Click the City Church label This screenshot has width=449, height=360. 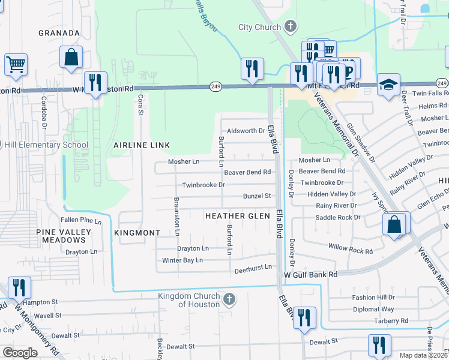pyautogui.click(x=259, y=27)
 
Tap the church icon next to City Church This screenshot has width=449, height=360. pyautogui.click(x=291, y=26)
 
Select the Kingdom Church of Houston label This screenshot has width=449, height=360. pyautogui.click(x=190, y=300)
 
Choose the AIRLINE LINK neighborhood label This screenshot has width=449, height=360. pyautogui.click(x=142, y=145)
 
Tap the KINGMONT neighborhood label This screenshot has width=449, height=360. pyautogui.click(x=137, y=232)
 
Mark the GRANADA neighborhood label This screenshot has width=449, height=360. pyautogui.click(x=59, y=33)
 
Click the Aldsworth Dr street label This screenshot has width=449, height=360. pyautogui.click(x=246, y=131)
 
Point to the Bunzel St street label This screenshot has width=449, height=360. pyautogui.click(x=257, y=196)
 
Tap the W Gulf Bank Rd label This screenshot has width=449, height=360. pyautogui.click(x=310, y=274)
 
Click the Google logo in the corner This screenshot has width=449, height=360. pyautogui.click(x=20, y=352)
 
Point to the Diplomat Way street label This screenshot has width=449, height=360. pyautogui.click(x=373, y=309)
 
